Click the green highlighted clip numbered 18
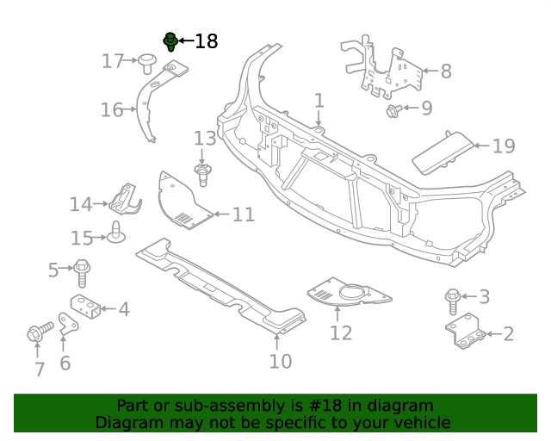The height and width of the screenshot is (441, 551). pos(170,40)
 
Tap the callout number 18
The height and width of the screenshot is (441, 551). pos(207,41)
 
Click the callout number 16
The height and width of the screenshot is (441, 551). pos(112,109)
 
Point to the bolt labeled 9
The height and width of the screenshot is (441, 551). pos(393,109)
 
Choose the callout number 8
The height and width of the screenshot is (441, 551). pos(445,71)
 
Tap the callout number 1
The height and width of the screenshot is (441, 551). pos(319,101)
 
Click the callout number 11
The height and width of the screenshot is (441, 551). pos(244,214)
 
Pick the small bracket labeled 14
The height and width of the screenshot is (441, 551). pos(126,201)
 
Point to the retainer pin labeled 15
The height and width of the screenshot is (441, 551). pos(115,233)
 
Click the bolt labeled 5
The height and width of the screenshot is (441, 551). pos(83,271)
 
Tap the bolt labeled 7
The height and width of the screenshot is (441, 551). pos(37,332)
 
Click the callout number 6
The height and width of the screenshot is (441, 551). pos(65,363)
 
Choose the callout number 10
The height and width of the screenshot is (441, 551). pos(281,361)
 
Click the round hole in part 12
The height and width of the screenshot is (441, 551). pos(352,296)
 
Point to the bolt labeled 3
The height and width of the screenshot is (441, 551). pos(453,301)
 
